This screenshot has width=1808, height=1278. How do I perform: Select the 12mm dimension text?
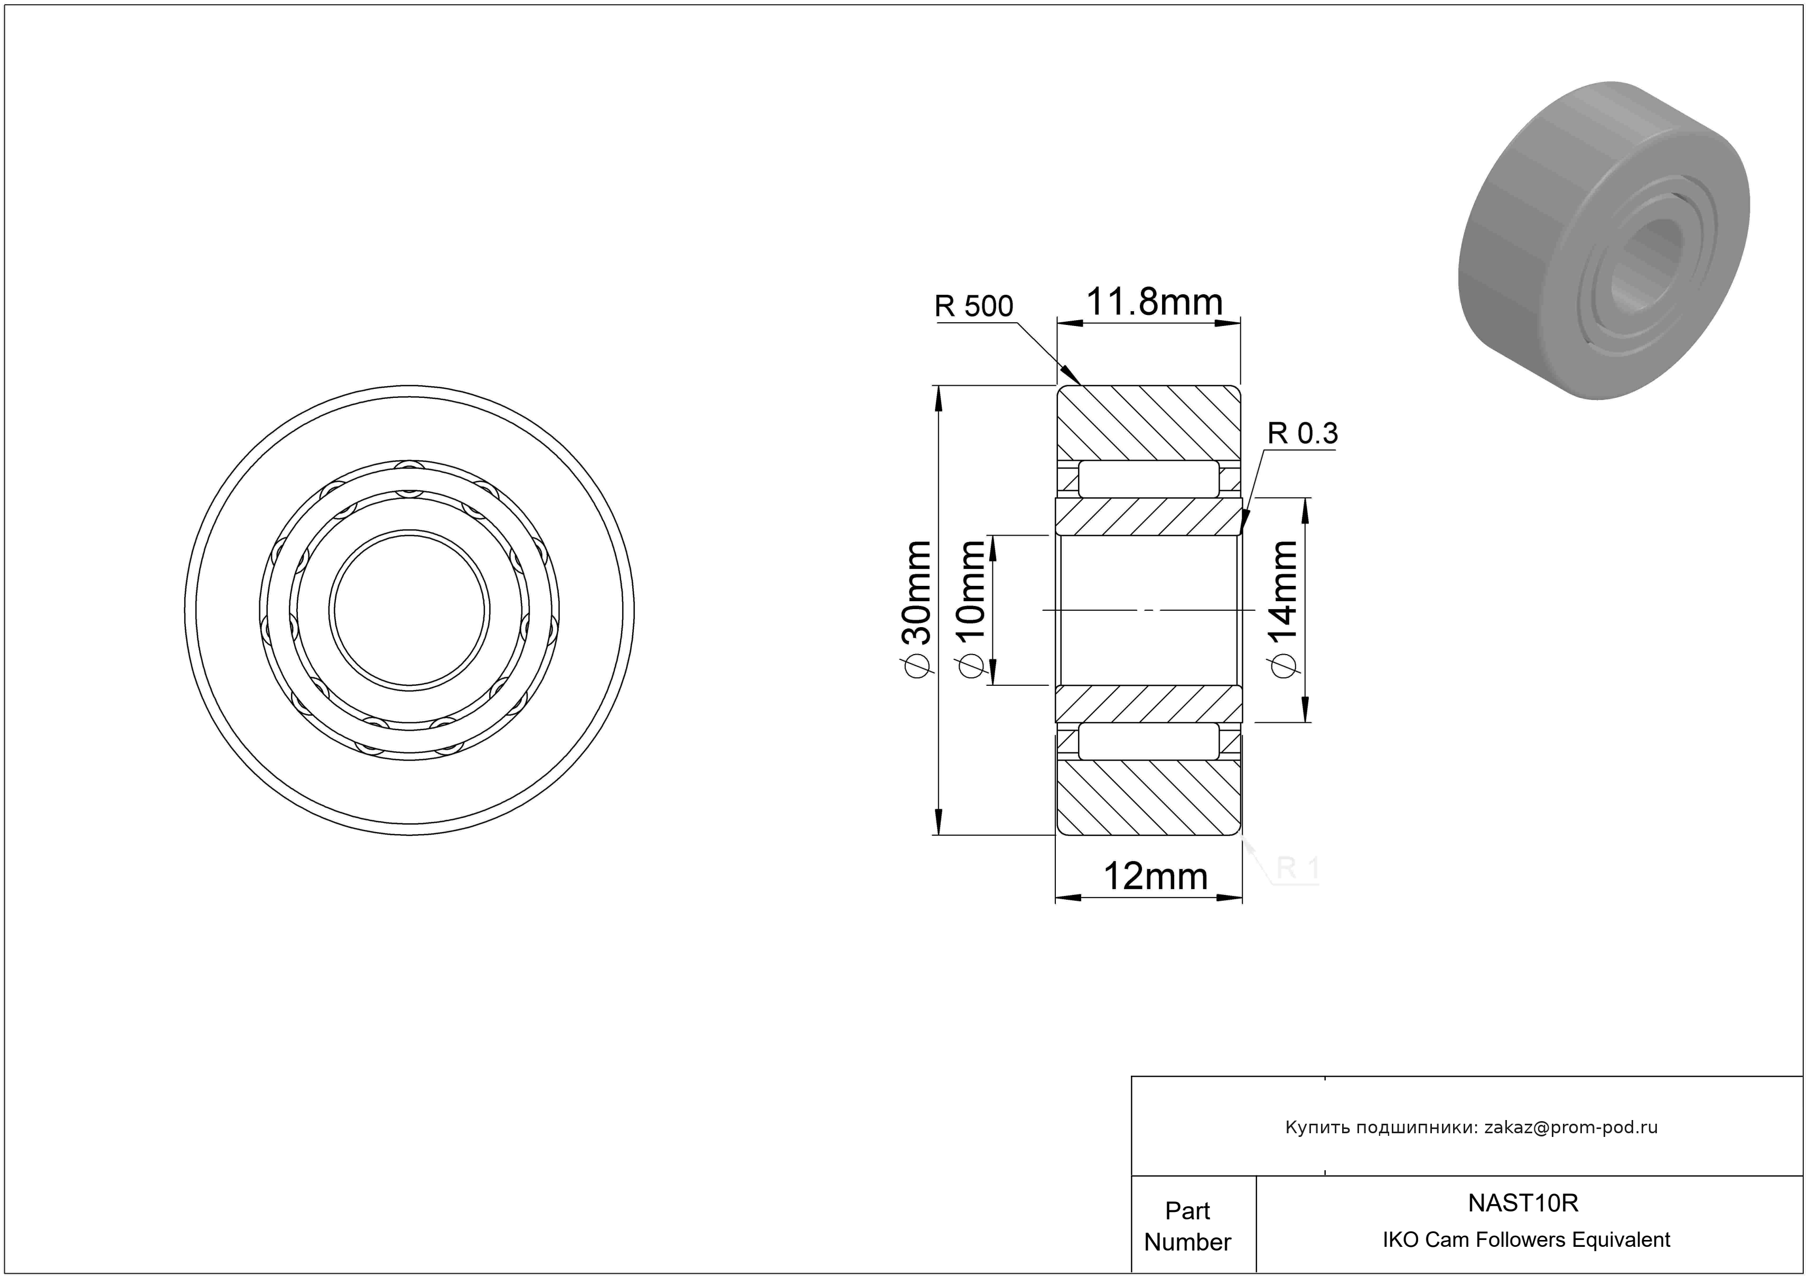tap(1155, 876)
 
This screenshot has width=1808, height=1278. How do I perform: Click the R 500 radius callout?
tap(973, 306)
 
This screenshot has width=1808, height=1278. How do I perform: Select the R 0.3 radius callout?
tap(1303, 433)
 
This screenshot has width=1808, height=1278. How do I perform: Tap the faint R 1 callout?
tap(1296, 869)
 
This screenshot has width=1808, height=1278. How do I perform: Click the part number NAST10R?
tap(1523, 1203)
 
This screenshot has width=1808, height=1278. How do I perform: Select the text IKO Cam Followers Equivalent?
tap(1526, 1240)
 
